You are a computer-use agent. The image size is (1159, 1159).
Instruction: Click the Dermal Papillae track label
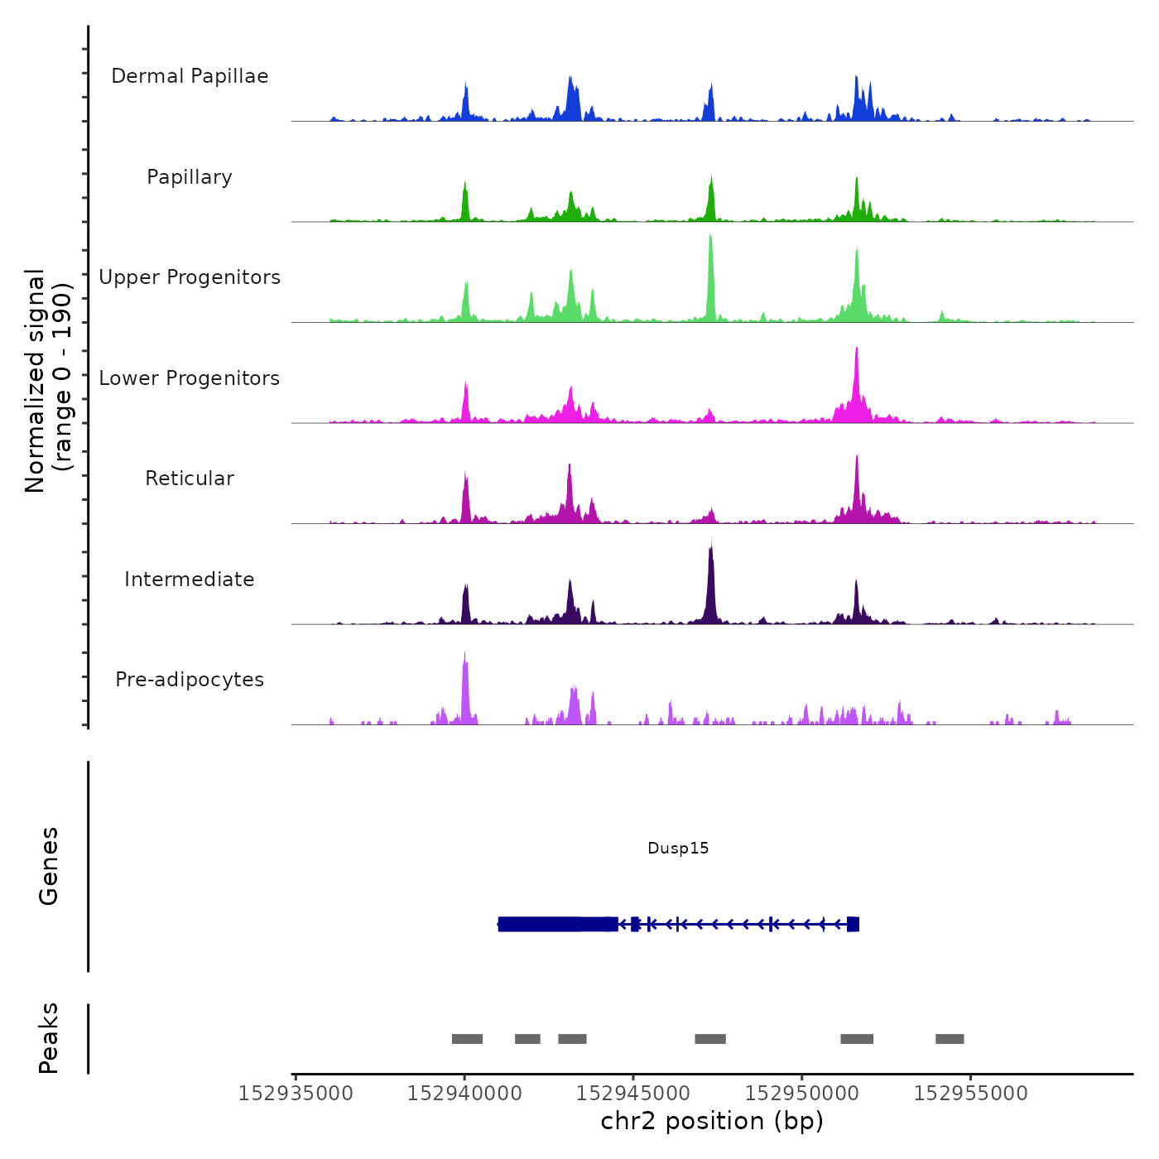pos(190,76)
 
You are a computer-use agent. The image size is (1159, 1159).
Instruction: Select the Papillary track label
pos(190,177)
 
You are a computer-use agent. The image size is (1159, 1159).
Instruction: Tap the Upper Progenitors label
pos(190,277)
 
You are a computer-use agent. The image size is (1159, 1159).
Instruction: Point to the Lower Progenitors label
pos(190,378)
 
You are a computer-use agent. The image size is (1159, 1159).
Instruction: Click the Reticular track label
pos(190,479)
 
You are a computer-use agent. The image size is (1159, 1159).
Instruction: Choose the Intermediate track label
pos(190,579)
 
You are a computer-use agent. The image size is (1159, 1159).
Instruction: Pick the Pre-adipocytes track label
pos(190,680)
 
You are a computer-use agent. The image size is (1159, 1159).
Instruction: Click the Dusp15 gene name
pos(678,849)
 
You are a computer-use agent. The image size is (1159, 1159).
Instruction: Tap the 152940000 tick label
pos(464,1094)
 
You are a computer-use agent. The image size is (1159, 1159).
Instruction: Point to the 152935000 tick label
pos(296,1094)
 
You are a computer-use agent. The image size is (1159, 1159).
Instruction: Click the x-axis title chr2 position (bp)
pos(712,1121)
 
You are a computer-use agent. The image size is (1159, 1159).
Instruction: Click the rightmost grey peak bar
pos(950,1039)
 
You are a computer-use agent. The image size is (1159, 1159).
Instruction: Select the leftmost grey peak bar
pos(467,1039)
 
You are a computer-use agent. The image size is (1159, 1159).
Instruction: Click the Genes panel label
pos(49,866)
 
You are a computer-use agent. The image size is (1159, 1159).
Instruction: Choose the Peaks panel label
pos(49,1038)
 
